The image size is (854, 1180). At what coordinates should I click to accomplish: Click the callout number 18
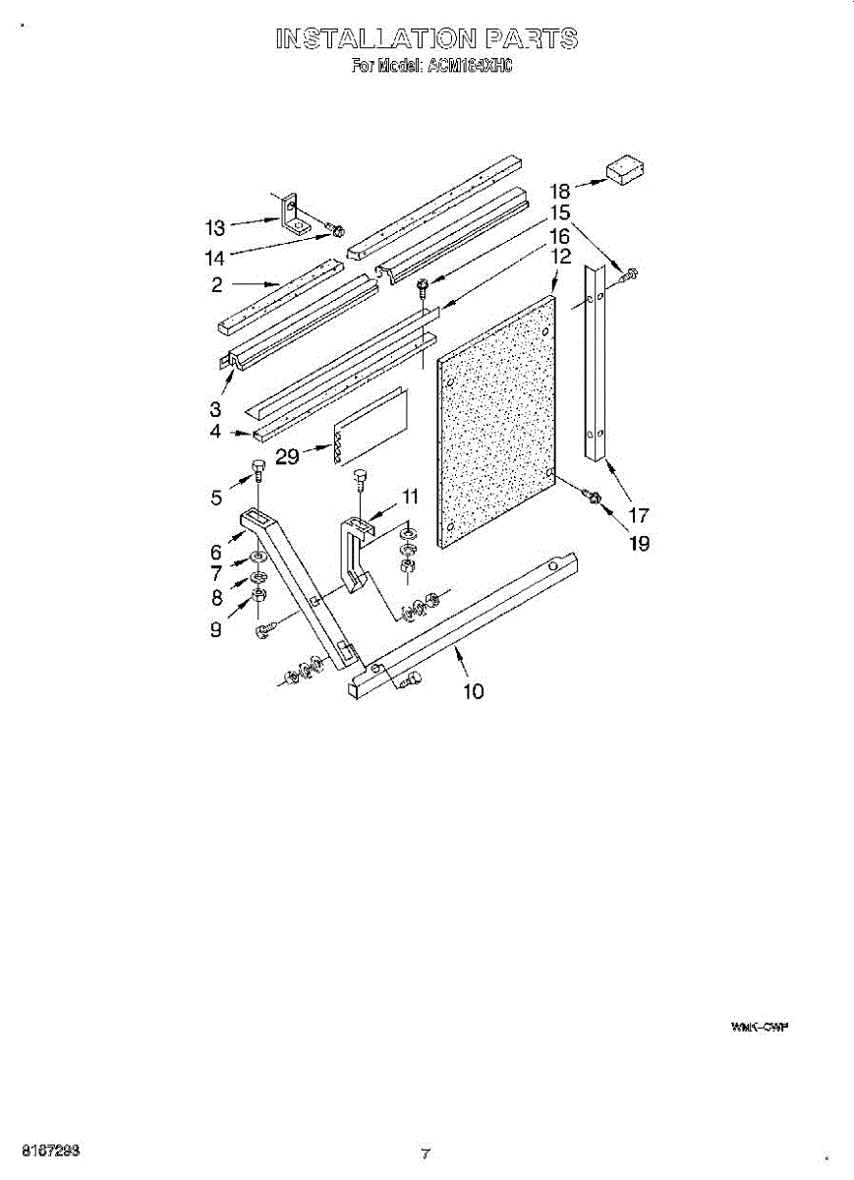point(560,191)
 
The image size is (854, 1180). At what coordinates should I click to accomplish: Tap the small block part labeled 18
point(623,170)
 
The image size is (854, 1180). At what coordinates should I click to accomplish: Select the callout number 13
point(215,228)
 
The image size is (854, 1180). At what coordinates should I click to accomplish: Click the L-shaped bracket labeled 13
point(292,216)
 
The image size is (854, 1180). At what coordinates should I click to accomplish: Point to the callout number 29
point(287,457)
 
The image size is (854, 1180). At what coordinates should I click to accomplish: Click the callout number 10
point(473,692)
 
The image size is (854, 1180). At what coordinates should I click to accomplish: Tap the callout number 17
point(639,514)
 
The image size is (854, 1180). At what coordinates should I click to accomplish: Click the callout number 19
point(639,543)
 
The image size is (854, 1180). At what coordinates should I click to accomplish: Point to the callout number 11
point(410,496)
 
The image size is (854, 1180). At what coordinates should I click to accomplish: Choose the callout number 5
point(216,499)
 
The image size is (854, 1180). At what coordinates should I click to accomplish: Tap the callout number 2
point(215,285)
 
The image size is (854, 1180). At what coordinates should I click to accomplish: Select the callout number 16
point(560,236)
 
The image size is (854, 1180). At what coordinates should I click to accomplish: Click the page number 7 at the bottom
point(426,1152)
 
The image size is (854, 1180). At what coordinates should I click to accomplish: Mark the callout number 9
point(215,630)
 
